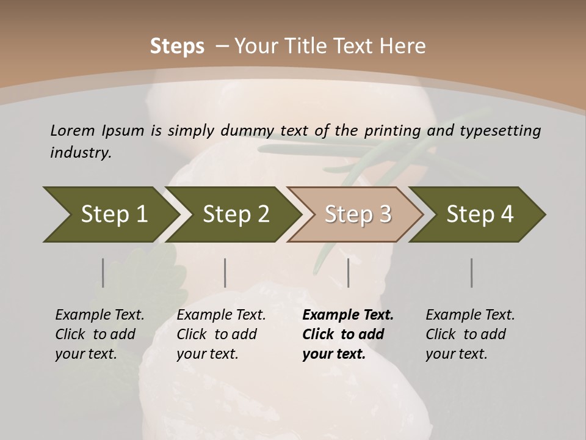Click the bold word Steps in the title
pyautogui.click(x=177, y=46)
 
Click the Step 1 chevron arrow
pyautogui.click(x=110, y=215)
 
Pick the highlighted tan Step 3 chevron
pyautogui.click(x=356, y=215)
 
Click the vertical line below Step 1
pyautogui.click(x=103, y=273)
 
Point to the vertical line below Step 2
pyautogui.click(x=225, y=273)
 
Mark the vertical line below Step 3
pyautogui.click(x=349, y=273)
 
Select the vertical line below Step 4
pyautogui.click(x=472, y=273)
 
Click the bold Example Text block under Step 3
pyautogui.click(x=348, y=334)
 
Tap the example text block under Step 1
pyautogui.click(x=99, y=334)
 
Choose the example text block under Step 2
pyautogui.click(x=221, y=334)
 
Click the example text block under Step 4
pyautogui.click(x=470, y=334)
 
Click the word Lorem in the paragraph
pyautogui.click(x=73, y=130)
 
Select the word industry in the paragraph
pyautogui.click(x=81, y=153)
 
